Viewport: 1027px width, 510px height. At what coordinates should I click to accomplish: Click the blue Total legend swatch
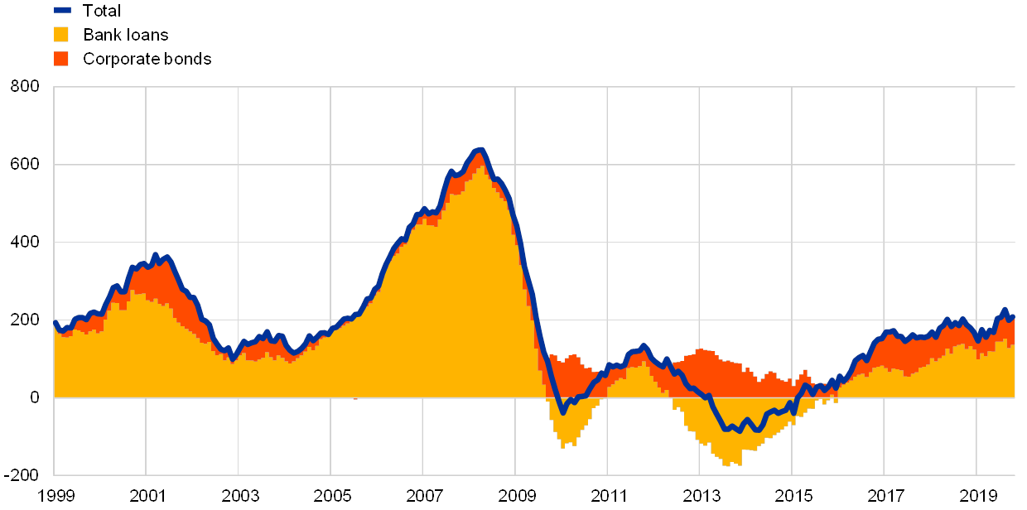(x=62, y=11)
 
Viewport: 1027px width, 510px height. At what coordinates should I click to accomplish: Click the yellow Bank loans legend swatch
(x=61, y=35)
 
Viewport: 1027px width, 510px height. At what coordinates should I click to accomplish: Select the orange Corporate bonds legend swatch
(x=61, y=59)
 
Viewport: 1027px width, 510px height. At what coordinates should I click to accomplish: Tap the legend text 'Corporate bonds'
(x=147, y=59)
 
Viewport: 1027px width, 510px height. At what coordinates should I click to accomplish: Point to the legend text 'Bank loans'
(x=126, y=35)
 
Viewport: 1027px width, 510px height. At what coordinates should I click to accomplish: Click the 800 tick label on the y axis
(x=25, y=87)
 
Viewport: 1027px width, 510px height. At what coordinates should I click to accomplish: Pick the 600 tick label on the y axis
(x=25, y=165)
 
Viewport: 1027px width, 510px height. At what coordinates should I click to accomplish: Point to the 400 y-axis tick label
(x=25, y=243)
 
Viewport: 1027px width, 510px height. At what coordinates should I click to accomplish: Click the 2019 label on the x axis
(x=976, y=496)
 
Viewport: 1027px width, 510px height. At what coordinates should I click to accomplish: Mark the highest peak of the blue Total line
(x=480, y=150)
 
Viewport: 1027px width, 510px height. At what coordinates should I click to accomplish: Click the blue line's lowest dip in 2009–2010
(x=562, y=411)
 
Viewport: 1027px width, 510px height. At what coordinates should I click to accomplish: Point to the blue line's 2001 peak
(x=155, y=256)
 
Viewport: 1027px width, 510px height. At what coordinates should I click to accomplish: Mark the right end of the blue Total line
(x=1013, y=316)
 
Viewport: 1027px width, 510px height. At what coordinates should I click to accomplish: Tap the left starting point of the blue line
(x=55, y=322)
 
